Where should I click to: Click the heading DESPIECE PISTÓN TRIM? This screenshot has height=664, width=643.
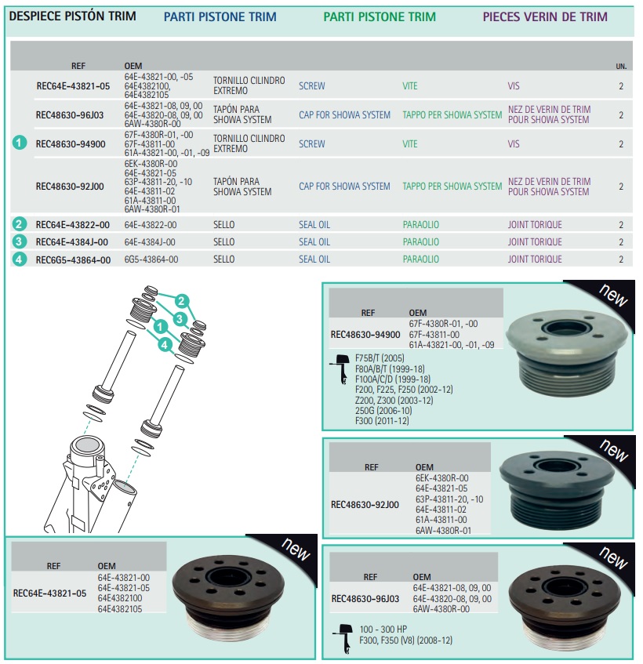click(72, 16)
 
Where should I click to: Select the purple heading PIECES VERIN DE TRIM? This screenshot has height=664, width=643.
click(545, 16)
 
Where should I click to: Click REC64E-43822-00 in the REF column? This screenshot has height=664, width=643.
click(72, 225)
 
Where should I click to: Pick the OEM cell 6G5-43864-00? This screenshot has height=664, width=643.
click(151, 259)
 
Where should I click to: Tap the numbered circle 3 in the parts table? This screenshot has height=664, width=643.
click(19, 241)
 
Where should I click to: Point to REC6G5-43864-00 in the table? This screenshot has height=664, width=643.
click(73, 259)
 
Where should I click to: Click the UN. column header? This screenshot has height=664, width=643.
click(621, 66)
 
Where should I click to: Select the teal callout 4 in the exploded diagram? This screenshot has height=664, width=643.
click(165, 345)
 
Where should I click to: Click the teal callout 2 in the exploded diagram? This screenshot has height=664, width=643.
click(182, 301)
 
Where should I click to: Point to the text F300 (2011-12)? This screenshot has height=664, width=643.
click(382, 421)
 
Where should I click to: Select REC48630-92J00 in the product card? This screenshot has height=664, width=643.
click(365, 505)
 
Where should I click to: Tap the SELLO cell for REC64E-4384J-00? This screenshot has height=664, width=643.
click(223, 241)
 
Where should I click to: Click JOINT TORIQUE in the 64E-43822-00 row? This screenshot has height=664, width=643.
click(535, 225)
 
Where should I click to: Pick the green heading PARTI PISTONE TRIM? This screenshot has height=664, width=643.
click(380, 17)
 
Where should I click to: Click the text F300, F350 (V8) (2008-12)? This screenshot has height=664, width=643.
click(405, 640)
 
